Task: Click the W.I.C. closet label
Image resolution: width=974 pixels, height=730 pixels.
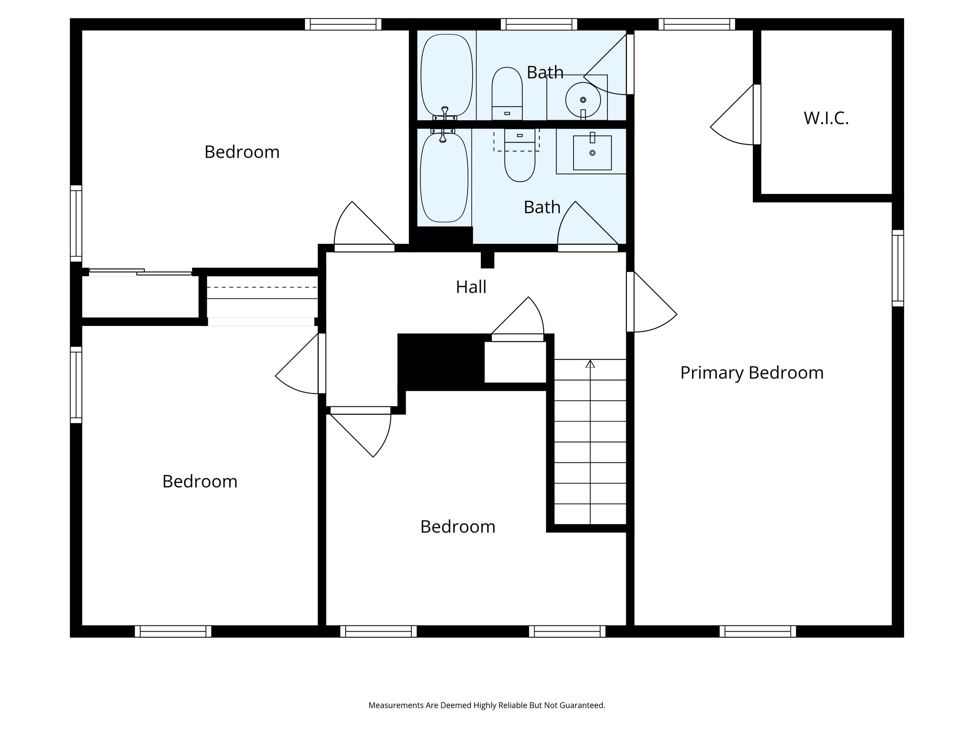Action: click(826, 118)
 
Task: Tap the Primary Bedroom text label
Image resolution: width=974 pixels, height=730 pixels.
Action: click(751, 373)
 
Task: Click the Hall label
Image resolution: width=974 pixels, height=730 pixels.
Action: click(471, 287)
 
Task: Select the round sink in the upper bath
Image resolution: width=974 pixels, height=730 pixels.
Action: click(583, 99)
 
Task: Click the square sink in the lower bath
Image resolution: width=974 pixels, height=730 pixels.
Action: click(592, 153)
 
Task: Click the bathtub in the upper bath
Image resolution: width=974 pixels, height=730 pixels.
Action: click(447, 75)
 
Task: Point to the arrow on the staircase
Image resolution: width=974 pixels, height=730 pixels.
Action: click(590, 364)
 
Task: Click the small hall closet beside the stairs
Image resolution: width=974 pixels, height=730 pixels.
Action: click(515, 362)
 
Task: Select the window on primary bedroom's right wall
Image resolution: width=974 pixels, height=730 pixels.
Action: click(897, 268)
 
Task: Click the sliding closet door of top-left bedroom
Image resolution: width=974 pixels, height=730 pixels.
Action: click(141, 272)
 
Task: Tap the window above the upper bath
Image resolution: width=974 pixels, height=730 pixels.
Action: click(539, 24)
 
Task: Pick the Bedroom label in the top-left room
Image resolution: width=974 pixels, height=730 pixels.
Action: click(242, 152)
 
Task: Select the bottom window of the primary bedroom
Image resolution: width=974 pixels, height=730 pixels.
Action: click(757, 631)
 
